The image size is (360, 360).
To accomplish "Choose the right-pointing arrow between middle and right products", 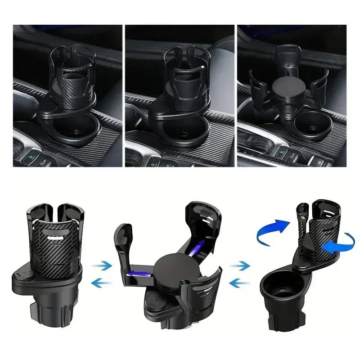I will tap(239, 266).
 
